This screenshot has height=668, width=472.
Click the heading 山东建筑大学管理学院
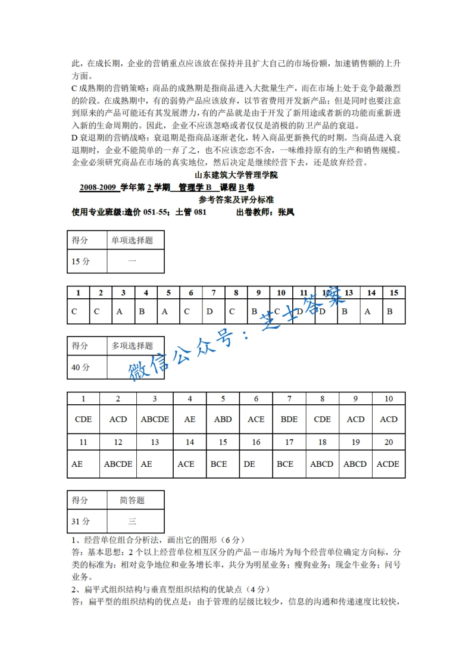point(236,176)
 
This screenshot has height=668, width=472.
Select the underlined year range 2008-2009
point(98,188)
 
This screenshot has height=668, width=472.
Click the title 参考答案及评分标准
point(236,199)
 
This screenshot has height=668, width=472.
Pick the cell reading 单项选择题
point(132,241)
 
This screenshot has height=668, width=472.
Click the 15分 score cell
point(81,261)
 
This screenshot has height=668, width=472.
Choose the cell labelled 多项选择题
point(132,346)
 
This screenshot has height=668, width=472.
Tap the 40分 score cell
point(81,367)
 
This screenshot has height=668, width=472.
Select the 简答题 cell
point(132,501)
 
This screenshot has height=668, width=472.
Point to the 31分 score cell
point(81,522)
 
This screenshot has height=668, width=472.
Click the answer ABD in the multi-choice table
point(223,419)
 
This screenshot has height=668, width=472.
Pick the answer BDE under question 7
point(289,419)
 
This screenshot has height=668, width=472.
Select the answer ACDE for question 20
point(388,464)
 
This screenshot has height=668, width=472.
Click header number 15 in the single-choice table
point(393,292)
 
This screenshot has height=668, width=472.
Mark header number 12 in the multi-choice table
point(118,442)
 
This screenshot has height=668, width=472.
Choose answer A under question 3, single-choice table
point(120,311)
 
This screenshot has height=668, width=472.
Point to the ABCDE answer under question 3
point(155,419)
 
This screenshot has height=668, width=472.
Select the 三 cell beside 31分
point(132,522)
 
